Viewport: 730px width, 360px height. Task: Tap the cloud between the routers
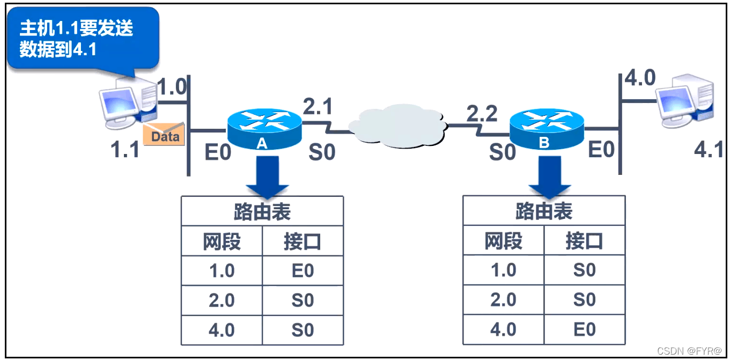coord(397,127)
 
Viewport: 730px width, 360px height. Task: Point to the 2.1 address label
coord(318,107)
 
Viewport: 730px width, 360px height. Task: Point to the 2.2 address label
coord(482,114)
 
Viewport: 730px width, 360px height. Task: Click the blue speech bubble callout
coord(83,38)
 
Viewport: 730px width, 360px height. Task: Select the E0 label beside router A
coord(218,152)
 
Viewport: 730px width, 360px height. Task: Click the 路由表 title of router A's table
coord(262,211)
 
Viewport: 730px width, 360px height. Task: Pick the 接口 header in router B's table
coord(584,241)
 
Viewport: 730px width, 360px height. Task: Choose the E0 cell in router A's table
coord(303,271)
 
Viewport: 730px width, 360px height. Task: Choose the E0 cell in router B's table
coord(584,329)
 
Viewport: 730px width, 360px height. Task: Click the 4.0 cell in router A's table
coord(222,330)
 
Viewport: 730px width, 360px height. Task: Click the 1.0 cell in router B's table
coord(504,270)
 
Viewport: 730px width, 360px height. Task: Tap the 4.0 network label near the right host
coord(640,78)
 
